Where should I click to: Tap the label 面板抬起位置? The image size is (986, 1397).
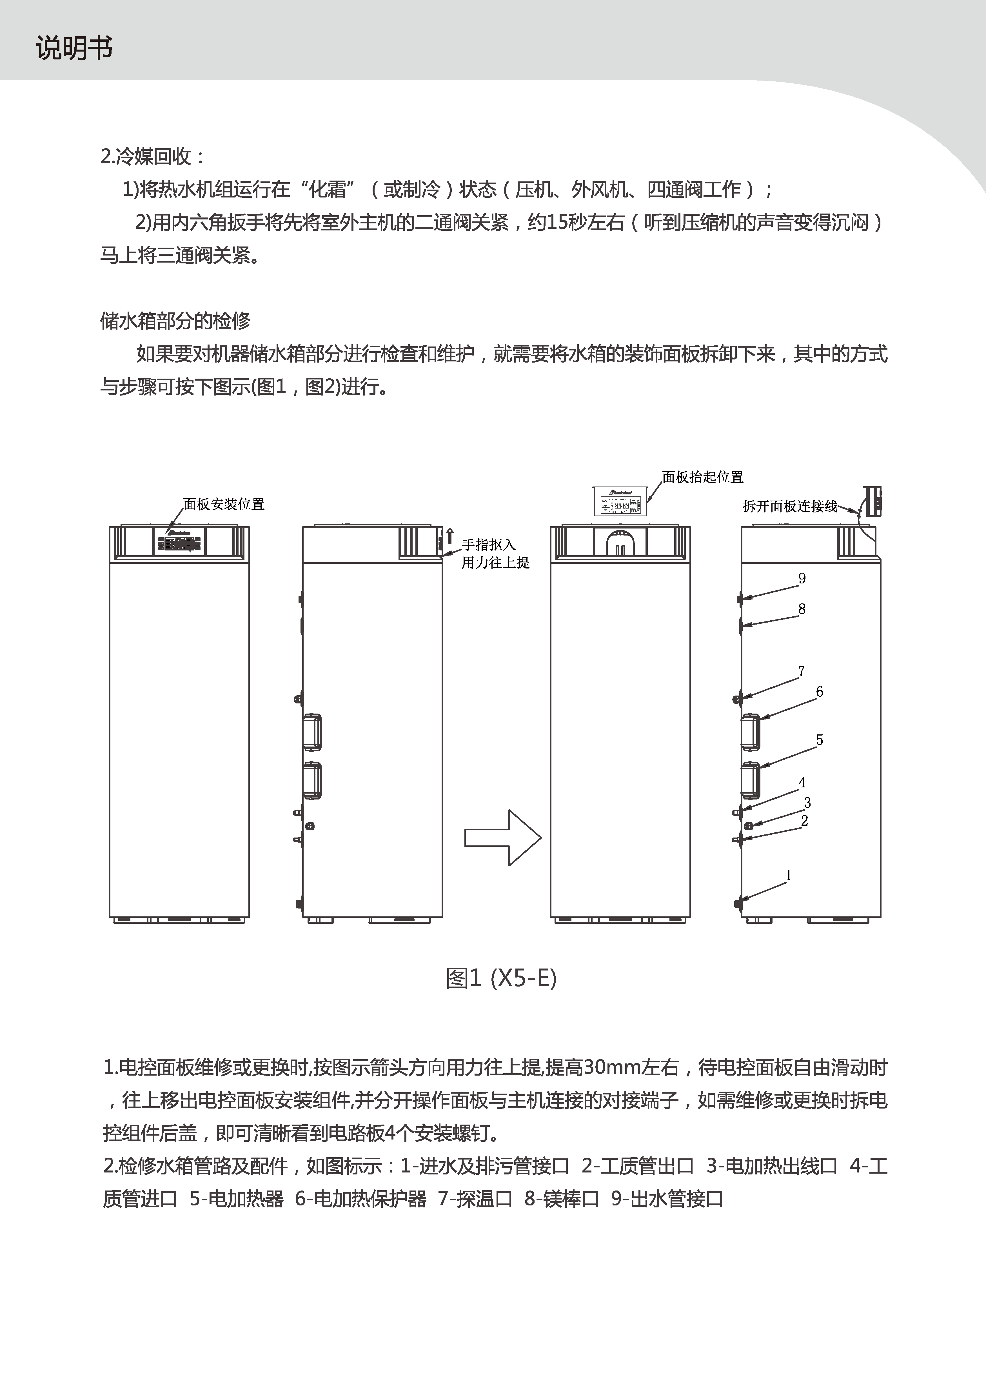703,477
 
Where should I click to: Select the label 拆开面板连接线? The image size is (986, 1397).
789,506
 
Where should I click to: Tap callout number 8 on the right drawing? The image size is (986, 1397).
802,609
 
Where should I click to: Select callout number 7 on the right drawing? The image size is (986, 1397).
801,671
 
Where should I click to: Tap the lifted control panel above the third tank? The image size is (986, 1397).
620,501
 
